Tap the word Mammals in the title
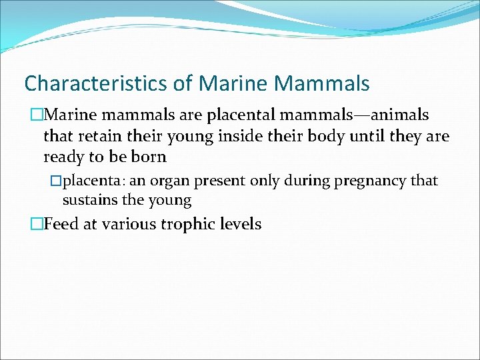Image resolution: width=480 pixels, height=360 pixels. tap(321, 83)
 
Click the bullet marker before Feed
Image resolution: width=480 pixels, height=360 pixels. tap(37, 225)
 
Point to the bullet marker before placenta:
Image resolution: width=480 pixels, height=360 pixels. tap(57, 181)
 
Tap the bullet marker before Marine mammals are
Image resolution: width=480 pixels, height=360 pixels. tap(37, 116)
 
